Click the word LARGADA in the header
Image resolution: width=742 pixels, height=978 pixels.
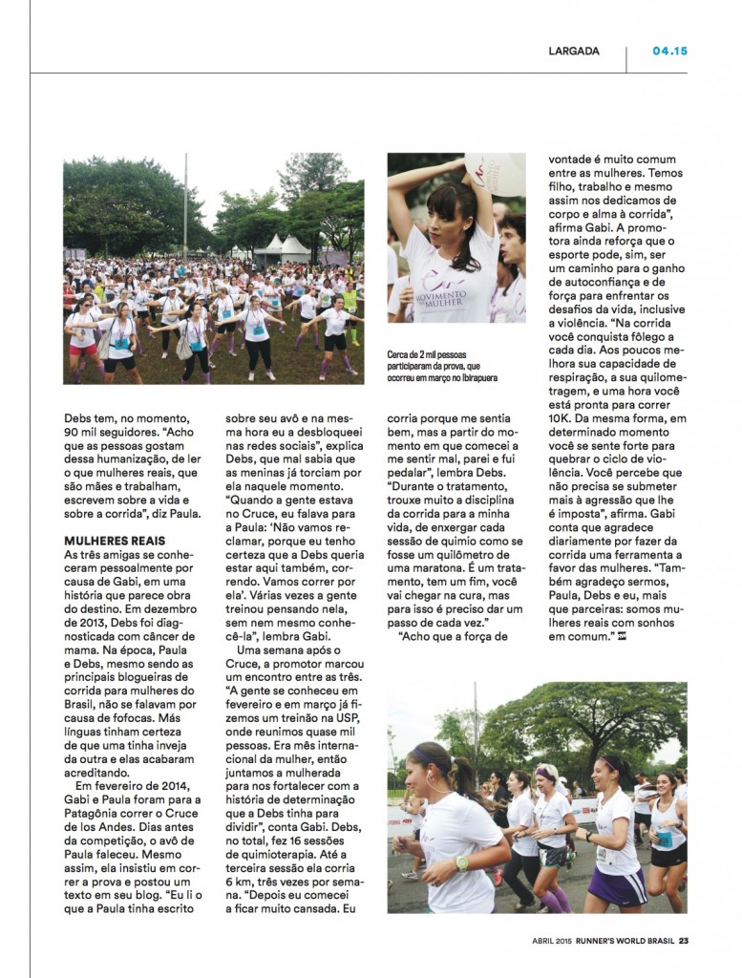coord(574,51)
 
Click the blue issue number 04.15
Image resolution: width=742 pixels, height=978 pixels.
coord(669,51)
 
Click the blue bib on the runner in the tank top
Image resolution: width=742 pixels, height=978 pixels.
coord(665,837)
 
